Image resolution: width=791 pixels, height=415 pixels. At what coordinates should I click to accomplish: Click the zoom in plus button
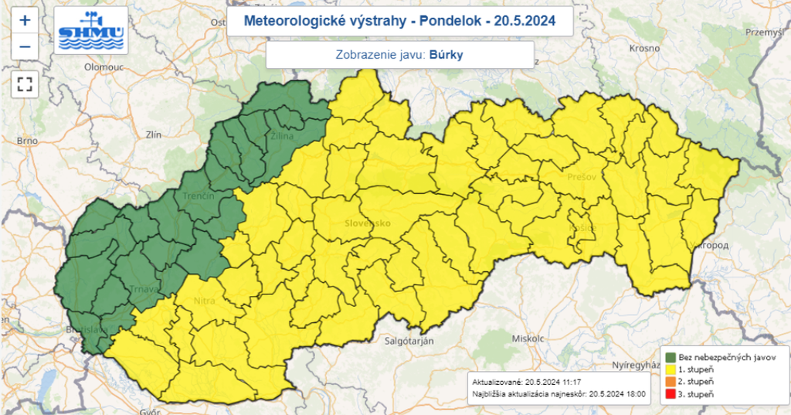[x=25, y=21]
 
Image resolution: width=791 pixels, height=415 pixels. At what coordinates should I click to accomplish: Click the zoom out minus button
[x=25, y=47]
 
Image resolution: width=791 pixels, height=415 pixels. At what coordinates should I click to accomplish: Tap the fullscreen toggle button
[x=25, y=83]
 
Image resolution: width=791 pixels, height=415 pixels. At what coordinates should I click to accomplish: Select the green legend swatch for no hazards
[x=670, y=357]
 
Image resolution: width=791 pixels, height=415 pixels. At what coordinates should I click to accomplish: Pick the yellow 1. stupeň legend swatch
[x=670, y=369]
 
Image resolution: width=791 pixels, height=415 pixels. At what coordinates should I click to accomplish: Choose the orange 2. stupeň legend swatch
[x=670, y=382]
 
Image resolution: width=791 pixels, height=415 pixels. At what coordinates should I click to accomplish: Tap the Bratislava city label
[x=86, y=329]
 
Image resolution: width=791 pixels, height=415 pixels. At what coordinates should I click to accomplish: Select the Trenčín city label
[x=198, y=197]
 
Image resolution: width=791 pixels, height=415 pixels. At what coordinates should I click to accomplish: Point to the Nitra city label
[x=204, y=301]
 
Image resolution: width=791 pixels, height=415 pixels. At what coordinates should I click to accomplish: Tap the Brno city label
[x=27, y=141]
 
